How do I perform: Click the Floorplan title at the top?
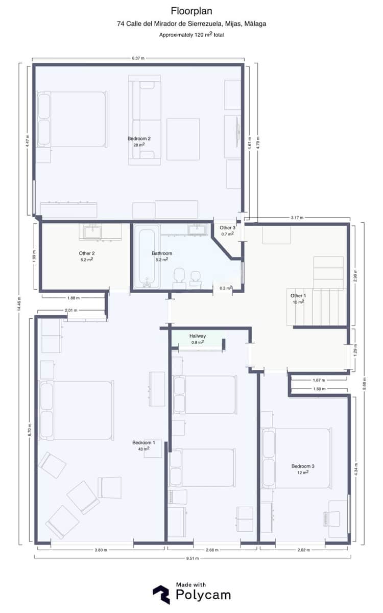pyautogui.click(x=192, y=11)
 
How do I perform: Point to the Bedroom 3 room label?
pyautogui.click(x=303, y=466)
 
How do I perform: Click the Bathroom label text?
pyautogui.click(x=162, y=253)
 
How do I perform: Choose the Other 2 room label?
pyautogui.click(x=87, y=253)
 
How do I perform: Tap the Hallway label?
pyautogui.click(x=198, y=336)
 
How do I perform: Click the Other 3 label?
pyautogui.click(x=227, y=228)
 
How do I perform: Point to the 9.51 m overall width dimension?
pyautogui.click(x=192, y=558)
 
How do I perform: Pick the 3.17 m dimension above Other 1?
pyautogui.click(x=297, y=218)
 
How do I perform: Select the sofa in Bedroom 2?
pyautogui.click(x=145, y=120)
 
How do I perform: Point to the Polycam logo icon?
pyautogui.click(x=161, y=594)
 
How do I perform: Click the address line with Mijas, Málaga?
pyautogui.click(x=192, y=23)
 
